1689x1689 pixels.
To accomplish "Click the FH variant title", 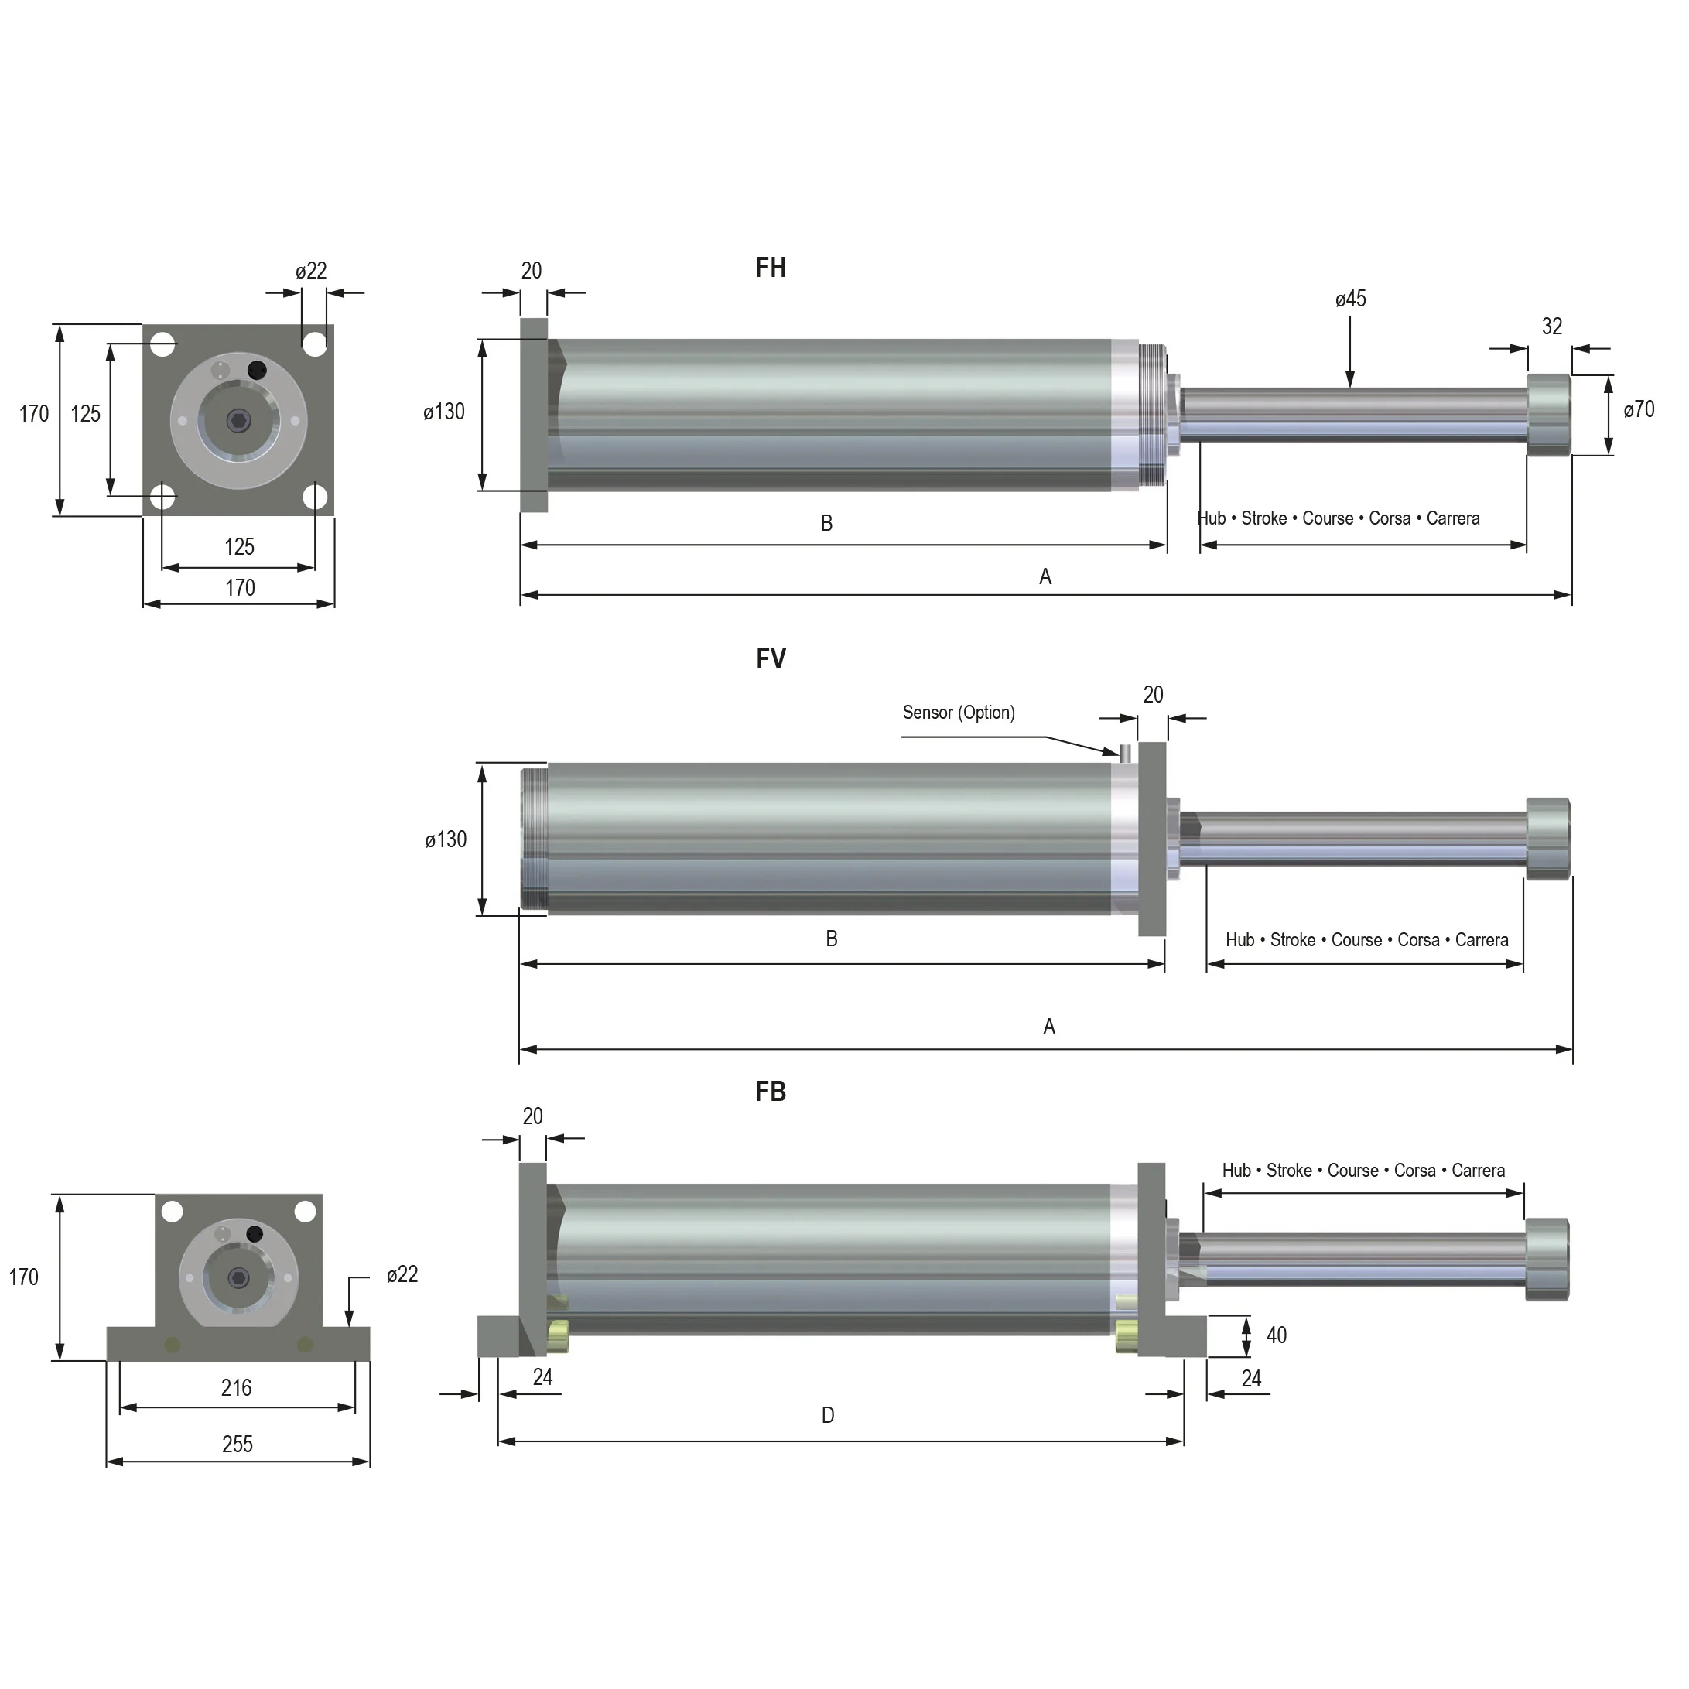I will click(x=770, y=268).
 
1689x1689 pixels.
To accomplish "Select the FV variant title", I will click(x=770, y=658).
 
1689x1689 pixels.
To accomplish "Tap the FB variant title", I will click(x=770, y=1091).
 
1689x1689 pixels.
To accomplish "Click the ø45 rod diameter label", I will click(x=1350, y=299).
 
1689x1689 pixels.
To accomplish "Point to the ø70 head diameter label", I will click(x=1638, y=409).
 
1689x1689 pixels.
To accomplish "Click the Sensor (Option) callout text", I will click(x=958, y=713).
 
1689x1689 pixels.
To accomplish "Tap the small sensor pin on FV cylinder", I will click(x=1125, y=752).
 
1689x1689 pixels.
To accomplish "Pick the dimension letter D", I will click(x=827, y=1415).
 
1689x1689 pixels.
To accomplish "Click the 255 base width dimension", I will click(x=237, y=1445).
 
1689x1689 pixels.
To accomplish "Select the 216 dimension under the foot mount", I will click(x=236, y=1387).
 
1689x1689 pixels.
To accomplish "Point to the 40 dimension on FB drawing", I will click(x=1276, y=1335).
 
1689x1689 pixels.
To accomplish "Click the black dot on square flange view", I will click(x=256, y=370).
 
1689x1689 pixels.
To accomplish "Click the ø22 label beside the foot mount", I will click(x=402, y=1274).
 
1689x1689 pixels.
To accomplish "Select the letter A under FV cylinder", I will click(x=1049, y=1027).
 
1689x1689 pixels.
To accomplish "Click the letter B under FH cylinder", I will click(x=826, y=523).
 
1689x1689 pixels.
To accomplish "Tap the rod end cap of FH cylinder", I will click(x=1548, y=415).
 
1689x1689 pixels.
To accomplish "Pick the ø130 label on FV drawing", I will click(x=446, y=840).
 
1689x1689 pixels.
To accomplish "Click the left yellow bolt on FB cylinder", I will click(x=557, y=1335).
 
